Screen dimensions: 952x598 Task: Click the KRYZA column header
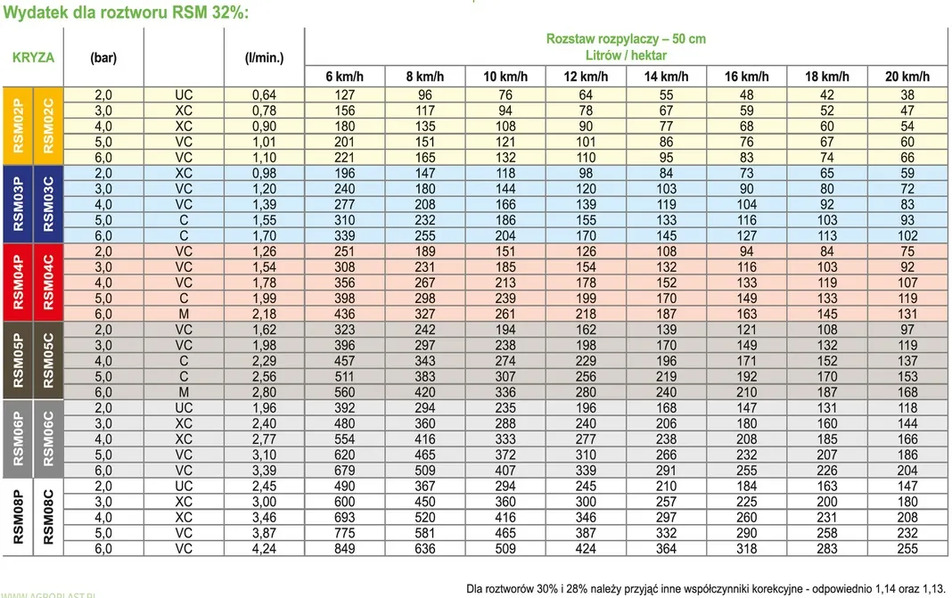[33, 58]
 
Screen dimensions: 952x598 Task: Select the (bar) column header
[103, 58]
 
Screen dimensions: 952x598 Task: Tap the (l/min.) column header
[264, 58]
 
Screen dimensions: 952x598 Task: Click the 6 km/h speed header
[344, 77]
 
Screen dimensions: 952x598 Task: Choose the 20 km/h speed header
[907, 77]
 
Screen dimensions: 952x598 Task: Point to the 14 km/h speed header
[666, 77]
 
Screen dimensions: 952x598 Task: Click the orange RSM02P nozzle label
[18, 126]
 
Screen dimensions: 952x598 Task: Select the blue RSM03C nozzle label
[48, 204]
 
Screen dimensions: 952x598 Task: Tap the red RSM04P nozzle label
[18, 283]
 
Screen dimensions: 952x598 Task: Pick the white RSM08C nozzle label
[48, 517]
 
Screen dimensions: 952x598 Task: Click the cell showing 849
[344, 549]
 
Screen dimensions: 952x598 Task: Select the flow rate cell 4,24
[264, 549]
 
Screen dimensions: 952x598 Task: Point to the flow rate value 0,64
[264, 95]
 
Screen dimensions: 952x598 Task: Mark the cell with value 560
[344, 392]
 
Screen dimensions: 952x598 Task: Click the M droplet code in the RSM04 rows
[184, 314]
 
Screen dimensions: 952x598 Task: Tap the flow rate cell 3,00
[264, 502]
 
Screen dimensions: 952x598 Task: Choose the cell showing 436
[344, 314]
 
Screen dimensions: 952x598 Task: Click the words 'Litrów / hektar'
[626, 55]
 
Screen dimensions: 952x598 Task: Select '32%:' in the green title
[230, 12]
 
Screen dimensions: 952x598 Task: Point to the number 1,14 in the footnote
[886, 589]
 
